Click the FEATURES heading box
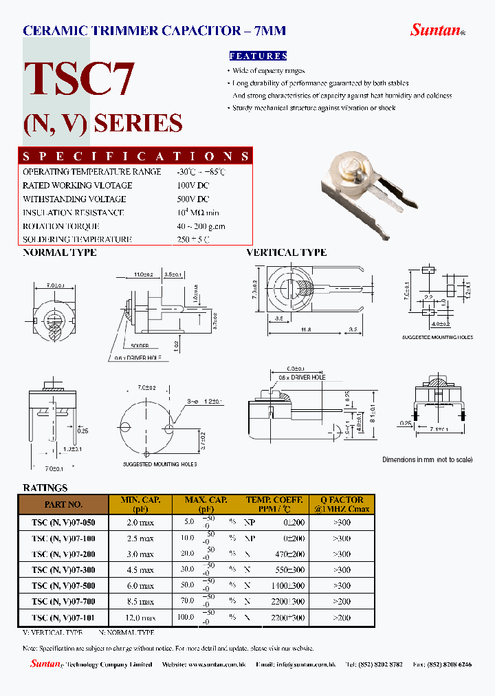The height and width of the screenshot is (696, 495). pos(257,56)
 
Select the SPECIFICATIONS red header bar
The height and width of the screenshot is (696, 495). pos(135,156)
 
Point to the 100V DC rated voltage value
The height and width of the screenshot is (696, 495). pos(192,185)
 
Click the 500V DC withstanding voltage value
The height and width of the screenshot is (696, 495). pos(192,199)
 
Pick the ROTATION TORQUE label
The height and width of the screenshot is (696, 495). pos(61,226)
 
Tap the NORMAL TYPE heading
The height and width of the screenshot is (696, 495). pos(60,252)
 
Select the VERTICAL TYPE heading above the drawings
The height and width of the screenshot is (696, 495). pos(286,252)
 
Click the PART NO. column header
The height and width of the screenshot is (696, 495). pos(63,504)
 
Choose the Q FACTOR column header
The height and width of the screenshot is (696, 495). pos(342,504)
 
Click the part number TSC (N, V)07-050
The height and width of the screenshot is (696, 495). pos(63,521)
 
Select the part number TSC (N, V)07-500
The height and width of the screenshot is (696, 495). pos(63,586)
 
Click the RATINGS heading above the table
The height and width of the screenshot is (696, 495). pos(45,488)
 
